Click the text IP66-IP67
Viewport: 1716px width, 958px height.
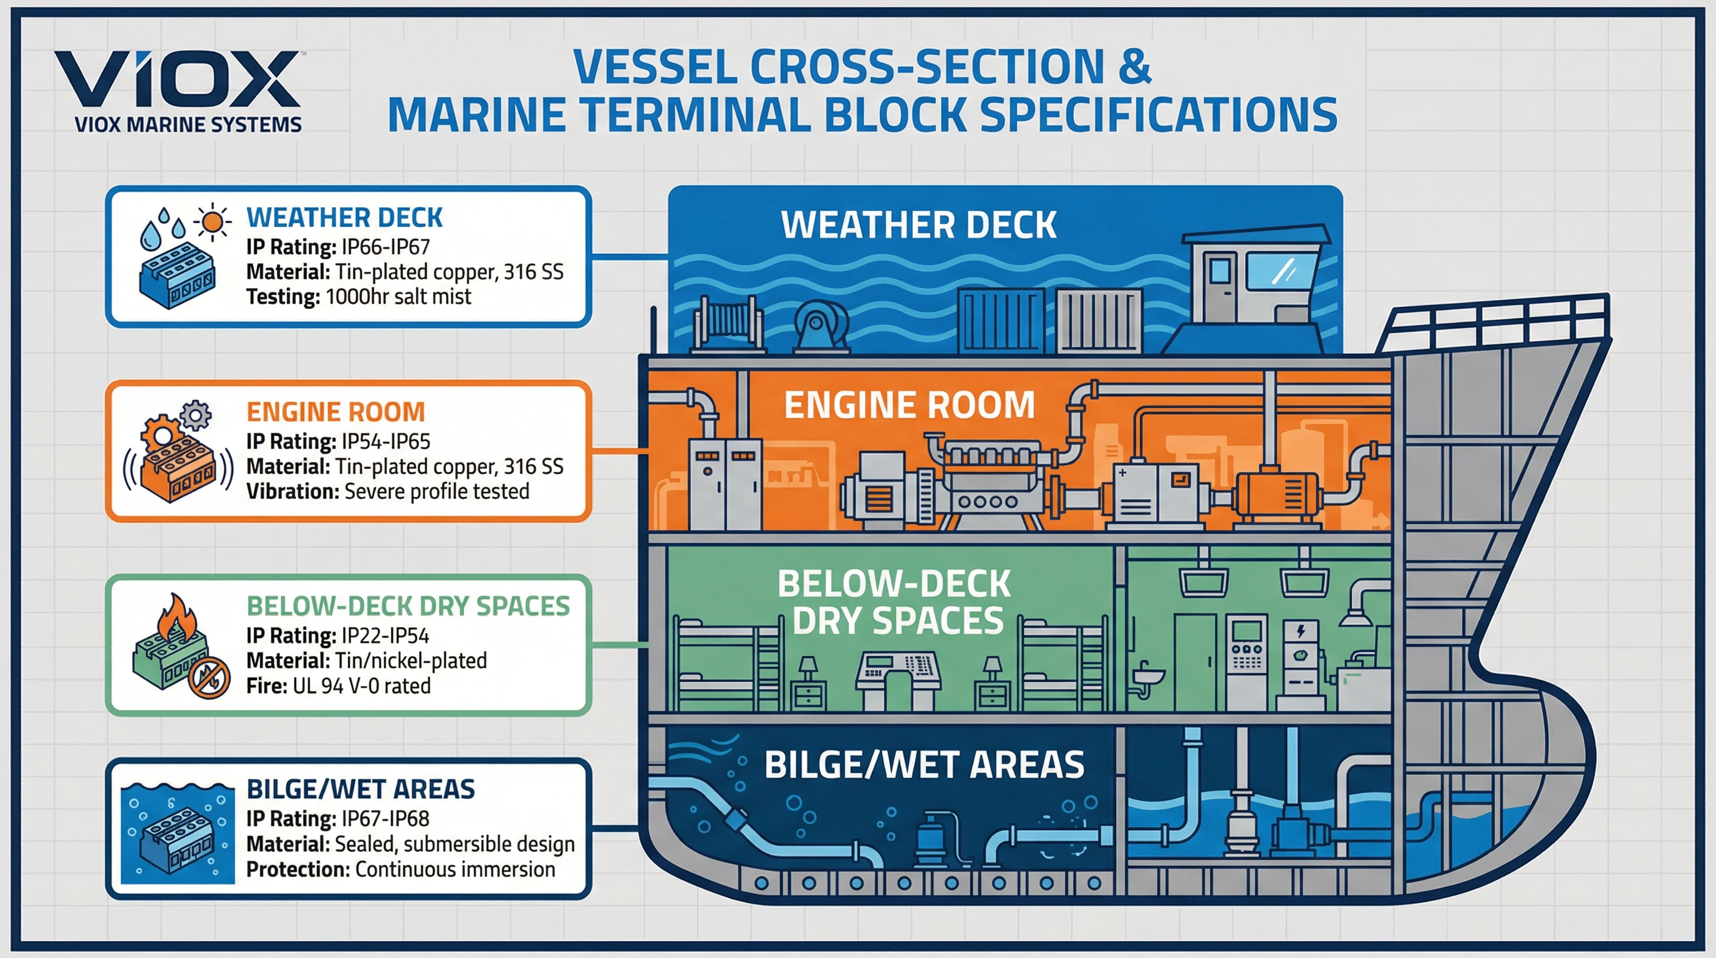point(385,247)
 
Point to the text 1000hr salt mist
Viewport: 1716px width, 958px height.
point(398,296)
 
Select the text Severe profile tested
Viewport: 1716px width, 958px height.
point(436,491)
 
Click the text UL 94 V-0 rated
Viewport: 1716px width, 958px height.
point(361,686)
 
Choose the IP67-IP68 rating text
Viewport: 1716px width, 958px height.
point(385,819)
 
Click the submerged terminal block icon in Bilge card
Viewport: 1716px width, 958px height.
point(177,837)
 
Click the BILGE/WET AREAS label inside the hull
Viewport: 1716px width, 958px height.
point(924,765)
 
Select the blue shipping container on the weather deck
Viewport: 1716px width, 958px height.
point(1001,321)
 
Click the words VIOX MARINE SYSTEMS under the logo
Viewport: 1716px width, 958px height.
point(188,125)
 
